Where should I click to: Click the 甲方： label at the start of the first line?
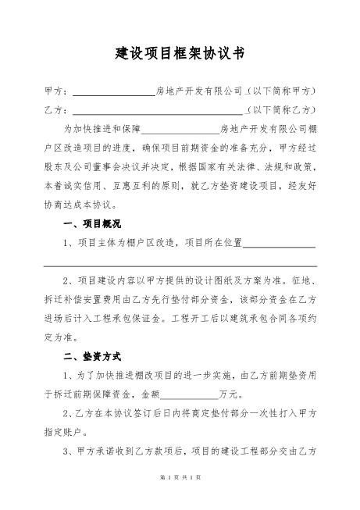pos(57,91)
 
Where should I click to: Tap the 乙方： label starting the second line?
pos(57,109)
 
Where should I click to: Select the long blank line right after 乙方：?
pos(156,110)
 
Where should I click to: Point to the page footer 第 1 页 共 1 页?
pos(180,498)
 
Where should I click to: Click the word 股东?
pos(54,166)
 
